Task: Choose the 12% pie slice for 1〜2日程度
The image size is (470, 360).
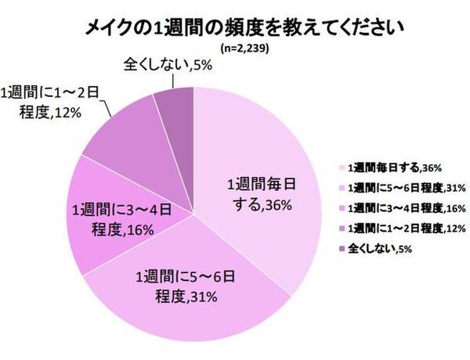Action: [117, 133]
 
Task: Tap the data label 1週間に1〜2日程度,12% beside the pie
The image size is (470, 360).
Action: [52, 103]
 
